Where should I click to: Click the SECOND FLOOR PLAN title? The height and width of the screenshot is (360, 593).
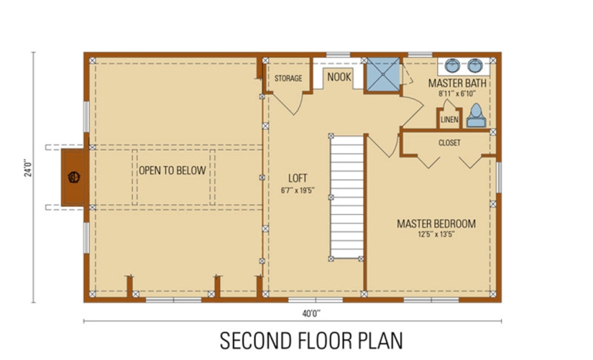tap(310, 341)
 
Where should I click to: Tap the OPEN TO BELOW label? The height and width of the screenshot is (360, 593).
tap(171, 171)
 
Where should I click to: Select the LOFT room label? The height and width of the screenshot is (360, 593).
tap(298, 177)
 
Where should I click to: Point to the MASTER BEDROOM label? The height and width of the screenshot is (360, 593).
tap(436, 224)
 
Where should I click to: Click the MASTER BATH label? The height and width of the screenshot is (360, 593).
tap(456, 82)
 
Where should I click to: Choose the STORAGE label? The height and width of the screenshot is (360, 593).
tap(288, 78)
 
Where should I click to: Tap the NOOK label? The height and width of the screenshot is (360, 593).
tap(339, 77)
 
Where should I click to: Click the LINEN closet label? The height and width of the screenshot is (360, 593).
tap(449, 120)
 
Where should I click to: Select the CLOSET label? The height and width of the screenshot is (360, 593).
tap(449, 143)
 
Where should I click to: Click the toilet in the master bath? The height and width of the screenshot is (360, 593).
tap(476, 116)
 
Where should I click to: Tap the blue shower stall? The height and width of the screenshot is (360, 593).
tap(382, 75)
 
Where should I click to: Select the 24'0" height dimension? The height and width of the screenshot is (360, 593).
tap(25, 168)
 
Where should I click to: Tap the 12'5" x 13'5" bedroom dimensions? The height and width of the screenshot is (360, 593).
tap(436, 234)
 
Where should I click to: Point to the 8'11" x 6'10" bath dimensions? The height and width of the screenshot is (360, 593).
tap(456, 93)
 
